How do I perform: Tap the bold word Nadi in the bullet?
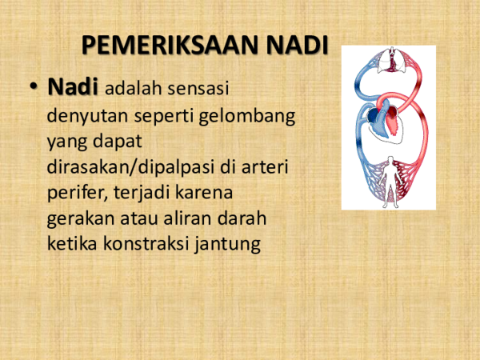74,87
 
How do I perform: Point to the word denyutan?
81,115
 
